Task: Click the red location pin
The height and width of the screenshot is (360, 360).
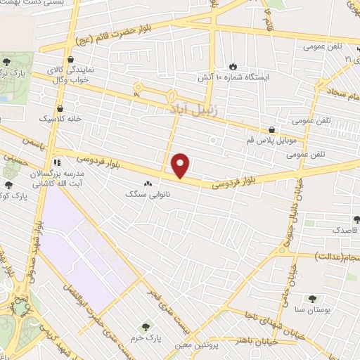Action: point(181,165)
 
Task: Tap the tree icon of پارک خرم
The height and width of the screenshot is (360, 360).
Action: point(146,327)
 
